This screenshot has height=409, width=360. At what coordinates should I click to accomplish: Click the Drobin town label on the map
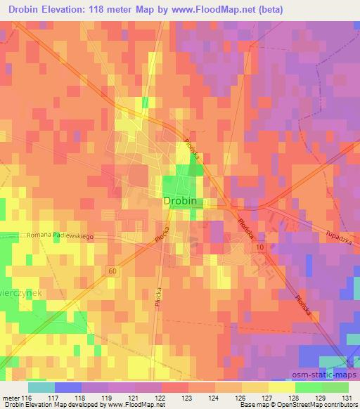(180, 201)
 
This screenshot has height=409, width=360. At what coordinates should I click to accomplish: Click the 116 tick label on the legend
(27, 398)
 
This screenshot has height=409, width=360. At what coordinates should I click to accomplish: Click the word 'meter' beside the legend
(10, 398)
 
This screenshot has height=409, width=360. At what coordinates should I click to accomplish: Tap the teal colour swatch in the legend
(41, 387)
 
